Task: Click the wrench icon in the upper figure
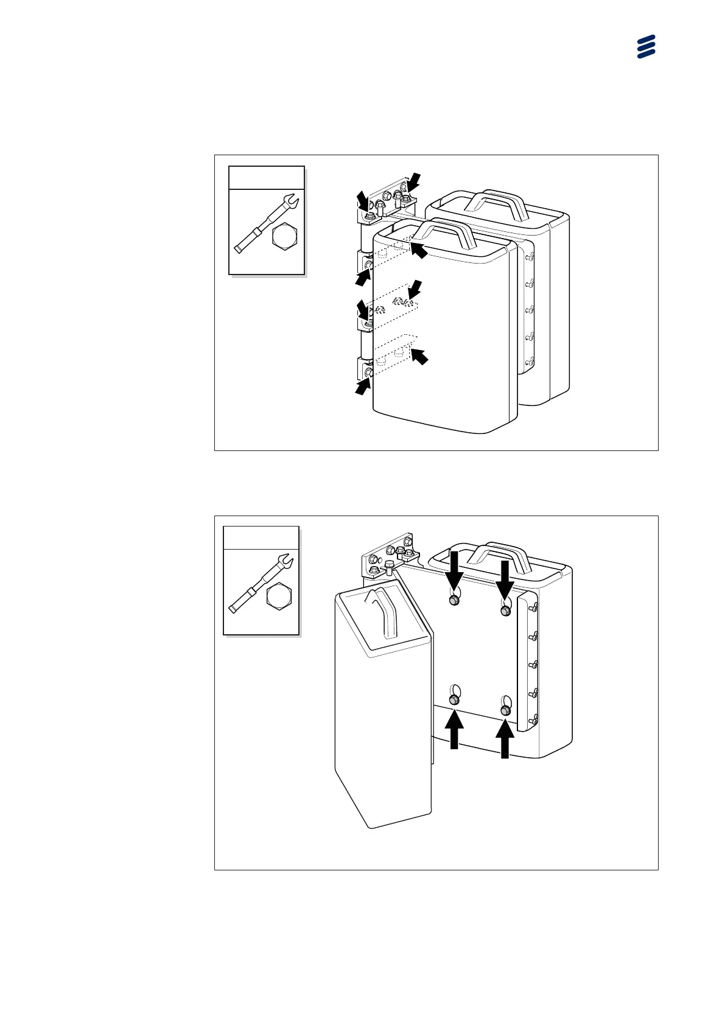(262, 225)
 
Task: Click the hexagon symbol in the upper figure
(285, 236)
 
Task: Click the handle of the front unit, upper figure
(445, 231)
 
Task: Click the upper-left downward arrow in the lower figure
(454, 569)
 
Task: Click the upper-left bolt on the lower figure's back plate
(454, 601)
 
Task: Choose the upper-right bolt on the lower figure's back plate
(505, 610)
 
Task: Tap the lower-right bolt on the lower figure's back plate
(505, 710)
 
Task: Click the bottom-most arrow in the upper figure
(363, 386)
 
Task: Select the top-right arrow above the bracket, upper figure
(414, 180)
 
